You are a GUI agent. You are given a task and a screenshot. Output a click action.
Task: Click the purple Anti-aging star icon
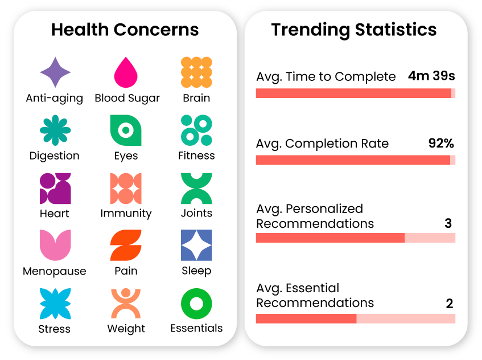pos(55,73)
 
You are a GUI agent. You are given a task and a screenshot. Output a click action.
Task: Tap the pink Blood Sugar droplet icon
pos(126,73)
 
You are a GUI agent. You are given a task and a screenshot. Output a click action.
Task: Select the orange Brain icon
pos(196,72)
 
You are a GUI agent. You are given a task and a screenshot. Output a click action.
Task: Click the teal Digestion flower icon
pos(55,130)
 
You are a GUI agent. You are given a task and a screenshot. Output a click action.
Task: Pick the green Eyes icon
pos(126,130)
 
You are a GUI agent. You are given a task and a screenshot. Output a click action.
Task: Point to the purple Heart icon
pos(55,189)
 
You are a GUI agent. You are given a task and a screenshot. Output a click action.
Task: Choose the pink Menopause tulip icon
pos(55,246)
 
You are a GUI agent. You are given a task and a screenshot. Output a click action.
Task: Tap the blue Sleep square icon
pos(196,246)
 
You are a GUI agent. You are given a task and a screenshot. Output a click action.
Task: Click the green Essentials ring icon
pos(196,304)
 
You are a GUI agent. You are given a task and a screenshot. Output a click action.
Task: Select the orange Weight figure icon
pos(126,304)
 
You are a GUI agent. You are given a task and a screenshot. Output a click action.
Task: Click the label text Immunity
pos(126,214)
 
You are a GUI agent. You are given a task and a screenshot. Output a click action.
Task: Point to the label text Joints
pos(196,213)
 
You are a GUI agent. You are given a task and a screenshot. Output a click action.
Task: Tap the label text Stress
pos(55,329)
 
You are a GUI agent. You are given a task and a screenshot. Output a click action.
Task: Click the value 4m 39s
pos(431,76)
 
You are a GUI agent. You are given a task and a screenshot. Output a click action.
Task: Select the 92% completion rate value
pos(441,144)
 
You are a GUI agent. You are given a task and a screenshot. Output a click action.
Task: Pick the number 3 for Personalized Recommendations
pos(448,223)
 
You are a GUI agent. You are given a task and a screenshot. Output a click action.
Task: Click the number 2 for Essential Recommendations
pos(450,304)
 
